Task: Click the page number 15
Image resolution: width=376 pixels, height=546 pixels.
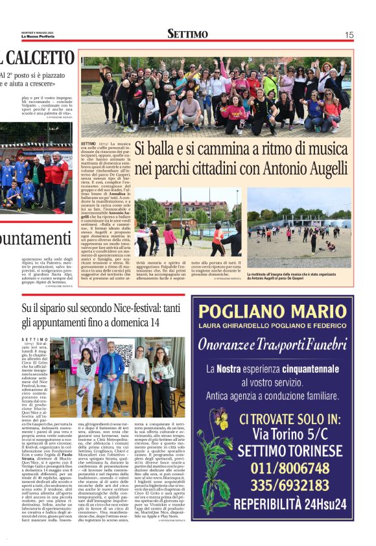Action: pyautogui.click(x=349, y=34)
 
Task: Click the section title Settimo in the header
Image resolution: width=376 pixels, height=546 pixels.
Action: pyautogui.click(x=187, y=34)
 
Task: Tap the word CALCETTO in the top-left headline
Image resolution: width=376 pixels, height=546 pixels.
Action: pyautogui.click(x=41, y=58)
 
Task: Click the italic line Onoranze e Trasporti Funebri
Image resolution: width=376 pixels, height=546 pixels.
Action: pyautogui.click(x=281, y=344)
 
